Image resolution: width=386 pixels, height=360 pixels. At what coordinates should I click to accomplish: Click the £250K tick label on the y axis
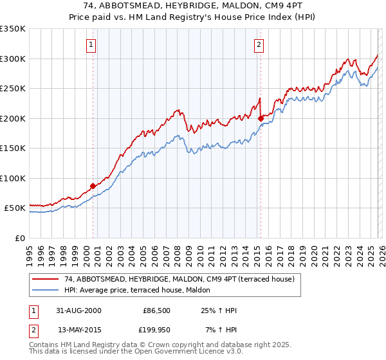[x=13, y=89]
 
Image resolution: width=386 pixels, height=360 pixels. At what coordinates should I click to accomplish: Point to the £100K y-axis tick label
[x=13, y=178]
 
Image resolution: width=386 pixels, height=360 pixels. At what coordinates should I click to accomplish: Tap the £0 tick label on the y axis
[x=19, y=238]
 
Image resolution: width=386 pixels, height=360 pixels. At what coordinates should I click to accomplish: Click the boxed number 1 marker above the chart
[x=91, y=45]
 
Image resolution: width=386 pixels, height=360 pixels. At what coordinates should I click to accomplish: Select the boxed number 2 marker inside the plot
[x=259, y=45]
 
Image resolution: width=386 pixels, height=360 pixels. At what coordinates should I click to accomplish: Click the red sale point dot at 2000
[x=93, y=186]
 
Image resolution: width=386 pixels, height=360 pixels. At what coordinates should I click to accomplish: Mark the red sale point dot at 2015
[x=261, y=118]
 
